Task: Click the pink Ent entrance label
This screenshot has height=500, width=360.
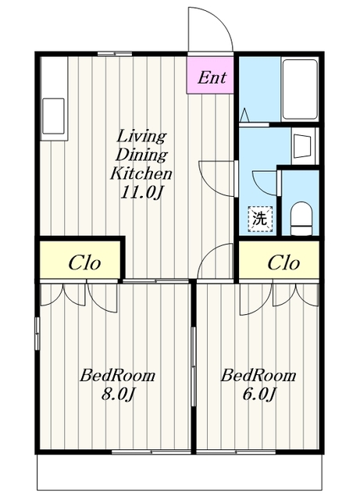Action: [212, 77]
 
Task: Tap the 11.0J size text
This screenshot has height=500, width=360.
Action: [141, 192]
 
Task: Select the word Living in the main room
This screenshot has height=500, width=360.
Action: [141, 137]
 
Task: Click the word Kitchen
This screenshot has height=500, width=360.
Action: [141, 173]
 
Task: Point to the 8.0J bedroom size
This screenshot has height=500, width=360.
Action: [118, 394]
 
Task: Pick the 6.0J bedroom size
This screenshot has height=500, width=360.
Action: [258, 394]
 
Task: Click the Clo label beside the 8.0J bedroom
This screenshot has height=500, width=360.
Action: [84, 263]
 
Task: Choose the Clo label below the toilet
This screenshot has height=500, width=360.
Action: [283, 263]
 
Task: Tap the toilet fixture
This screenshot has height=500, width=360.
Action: [301, 219]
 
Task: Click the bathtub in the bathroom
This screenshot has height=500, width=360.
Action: [301, 88]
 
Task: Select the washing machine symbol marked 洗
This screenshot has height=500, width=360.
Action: [261, 219]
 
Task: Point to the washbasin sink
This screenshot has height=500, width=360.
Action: [302, 146]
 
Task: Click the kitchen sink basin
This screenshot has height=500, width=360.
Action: [54, 116]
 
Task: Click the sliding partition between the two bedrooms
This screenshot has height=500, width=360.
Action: [193, 366]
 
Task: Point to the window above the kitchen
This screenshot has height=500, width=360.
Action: [115, 54]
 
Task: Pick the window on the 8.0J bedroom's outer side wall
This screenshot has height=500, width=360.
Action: [37, 334]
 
